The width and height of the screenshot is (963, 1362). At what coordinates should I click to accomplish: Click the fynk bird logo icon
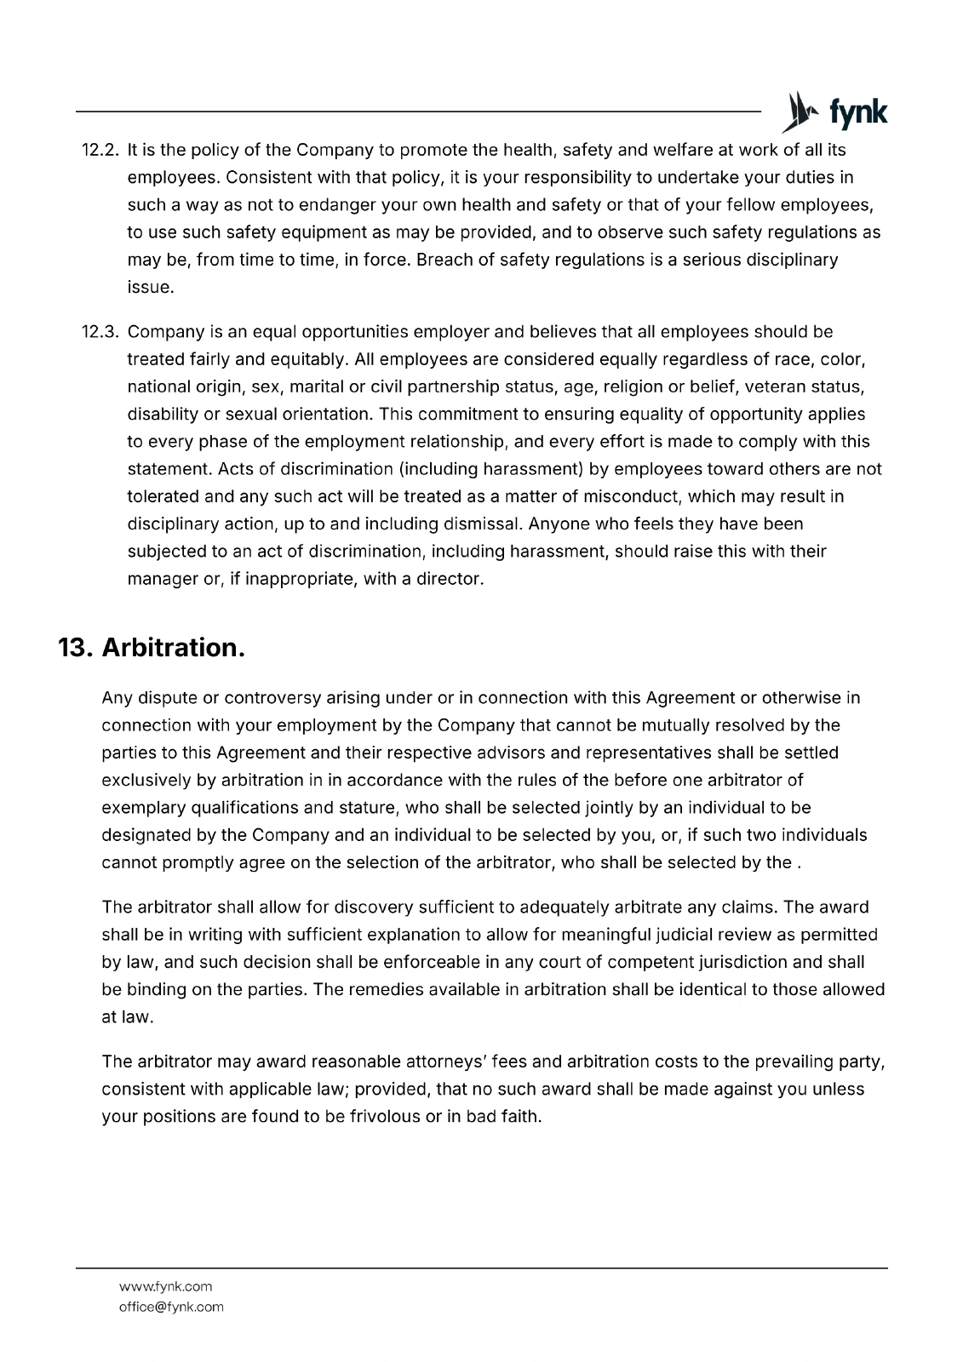pos(795,112)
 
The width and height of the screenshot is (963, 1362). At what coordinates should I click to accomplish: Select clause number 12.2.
pos(103,151)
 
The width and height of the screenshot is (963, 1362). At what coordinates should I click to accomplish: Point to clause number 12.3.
pos(103,332)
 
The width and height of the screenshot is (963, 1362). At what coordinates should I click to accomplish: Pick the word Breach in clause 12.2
pos(445,260)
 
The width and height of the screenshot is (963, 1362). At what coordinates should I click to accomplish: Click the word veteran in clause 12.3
pos(773,386)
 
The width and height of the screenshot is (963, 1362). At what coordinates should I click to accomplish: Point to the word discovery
pos(373,907)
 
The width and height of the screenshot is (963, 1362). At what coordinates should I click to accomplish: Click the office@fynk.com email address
pos(171,1307)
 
